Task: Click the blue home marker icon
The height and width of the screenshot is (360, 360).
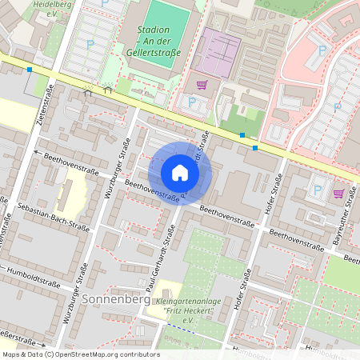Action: pyautogui.click(x=180, y=173)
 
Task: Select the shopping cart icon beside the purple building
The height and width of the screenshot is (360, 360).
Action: pyautogui.click(x=202, y=85)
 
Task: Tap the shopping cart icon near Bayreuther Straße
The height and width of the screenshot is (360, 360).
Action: pyautogui.click(x=339, y=193)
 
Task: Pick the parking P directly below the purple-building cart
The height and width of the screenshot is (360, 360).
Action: pyautogui.click(x=192, y=102)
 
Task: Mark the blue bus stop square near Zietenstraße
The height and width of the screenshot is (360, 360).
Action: pyautogui.click(x=30, y=70)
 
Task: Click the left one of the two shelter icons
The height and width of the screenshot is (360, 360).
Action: pyautogui.click(x=88, y=91)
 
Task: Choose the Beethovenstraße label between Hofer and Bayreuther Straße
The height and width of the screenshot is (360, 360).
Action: pyautogui.click(x=297, y=238)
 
